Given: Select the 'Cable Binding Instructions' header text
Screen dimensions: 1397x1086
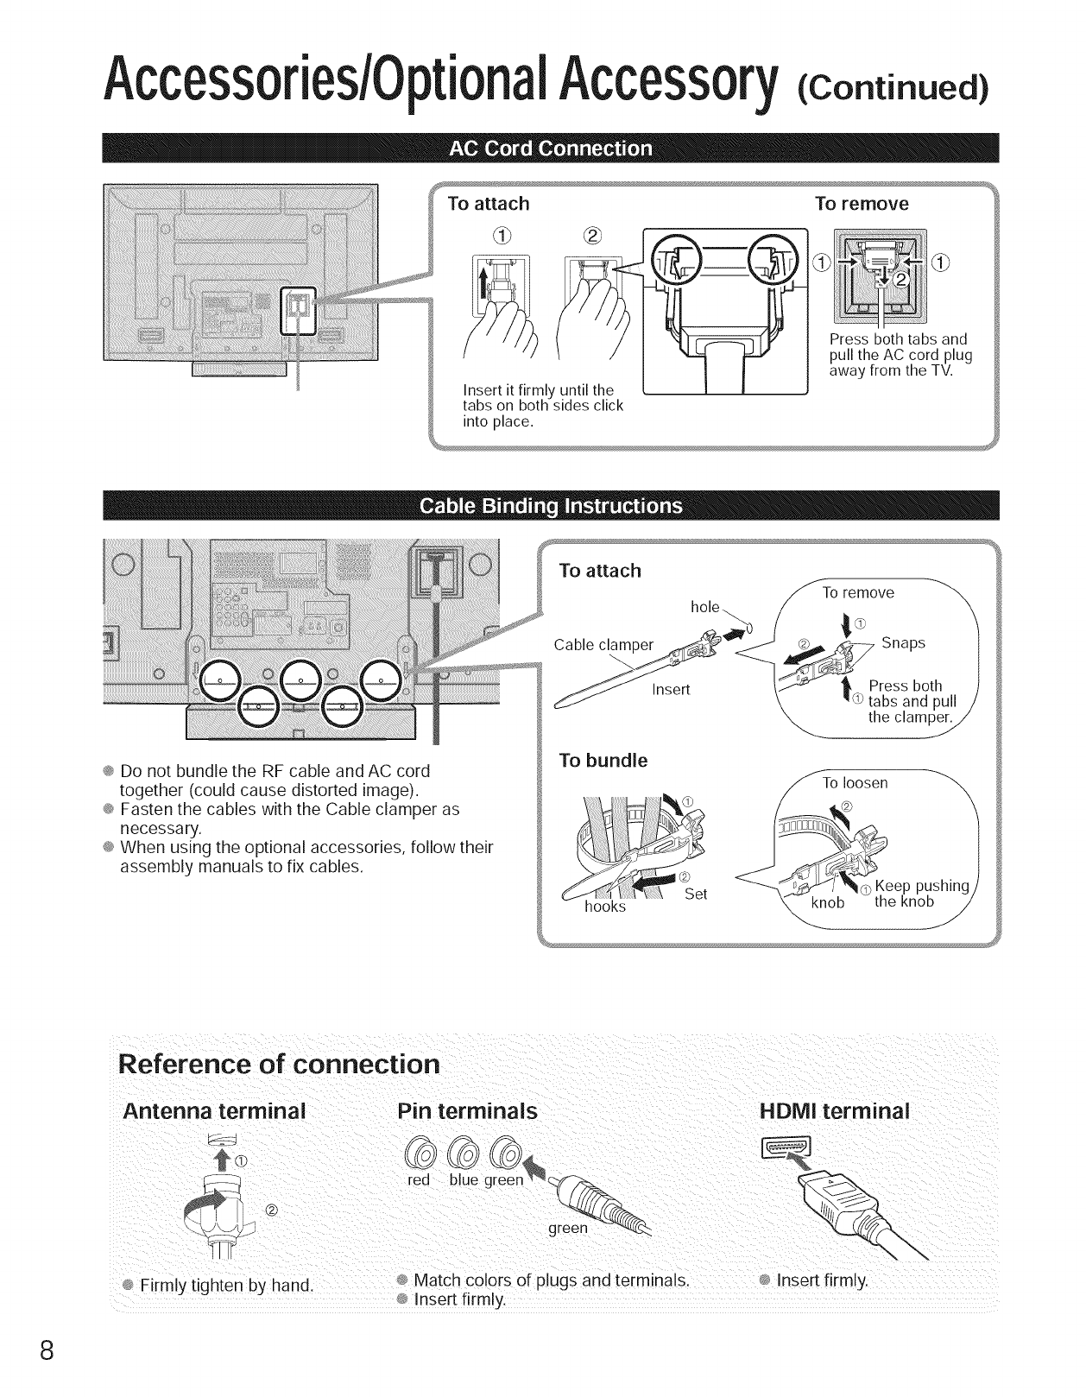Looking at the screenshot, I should [550, 506].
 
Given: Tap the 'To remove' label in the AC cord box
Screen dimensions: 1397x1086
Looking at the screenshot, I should [862, 204].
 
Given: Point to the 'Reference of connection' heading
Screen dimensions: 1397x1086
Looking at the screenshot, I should [279, 1063].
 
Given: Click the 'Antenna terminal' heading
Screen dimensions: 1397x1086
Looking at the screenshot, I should [214, 1110].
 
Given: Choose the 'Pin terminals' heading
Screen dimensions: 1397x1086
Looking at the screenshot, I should [466, 1110].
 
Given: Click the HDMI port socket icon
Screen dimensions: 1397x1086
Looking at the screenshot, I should [783, 1148].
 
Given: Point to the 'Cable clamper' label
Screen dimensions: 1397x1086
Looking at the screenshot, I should [603, 645].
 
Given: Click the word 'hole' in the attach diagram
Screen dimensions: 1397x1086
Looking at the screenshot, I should [705, 606].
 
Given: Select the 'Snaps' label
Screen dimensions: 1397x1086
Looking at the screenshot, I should [903, 642].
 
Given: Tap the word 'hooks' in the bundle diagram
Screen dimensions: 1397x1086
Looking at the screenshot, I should [604, 907].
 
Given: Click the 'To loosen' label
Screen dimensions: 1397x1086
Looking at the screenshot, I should [855, 783].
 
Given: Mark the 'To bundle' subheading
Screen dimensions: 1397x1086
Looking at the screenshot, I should [603, 761].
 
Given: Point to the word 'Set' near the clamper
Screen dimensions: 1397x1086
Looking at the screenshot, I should [696, 894].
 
